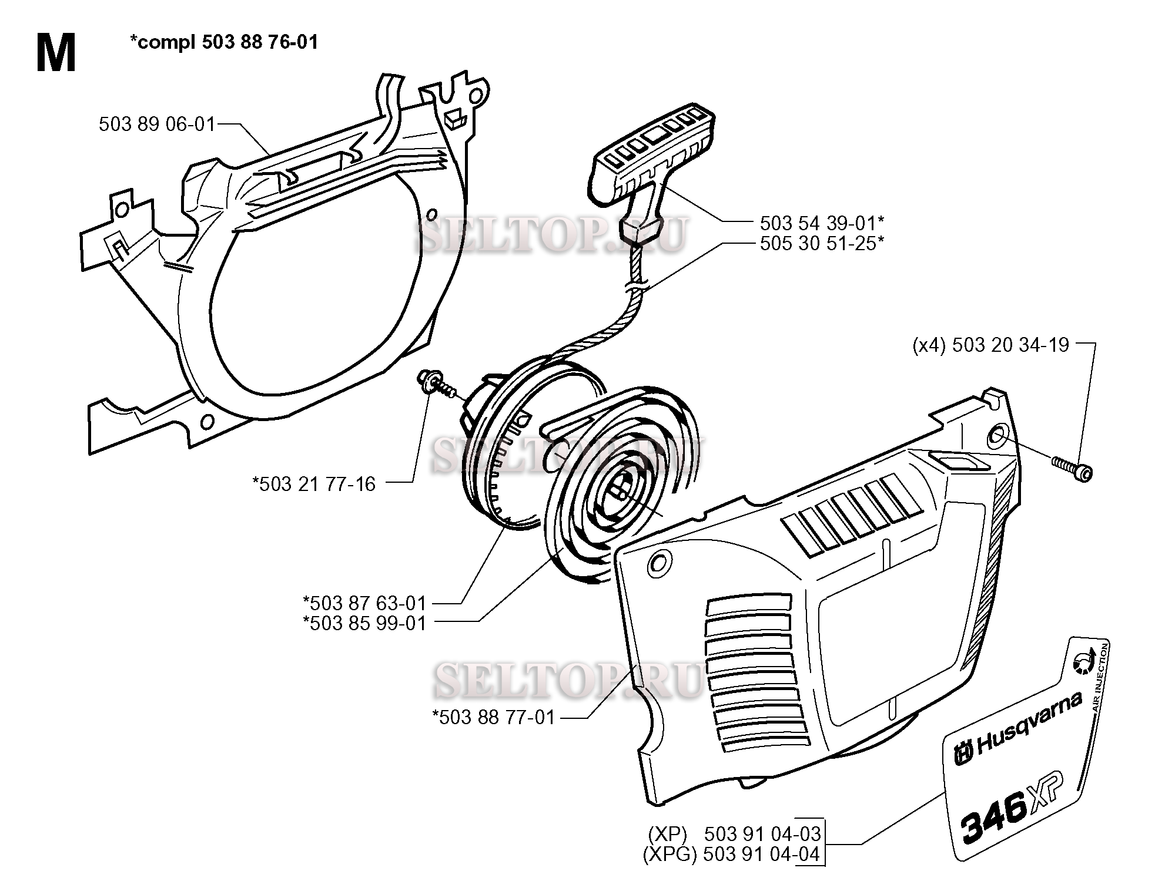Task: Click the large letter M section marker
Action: point(56,52)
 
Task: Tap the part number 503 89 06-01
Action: point(157,124)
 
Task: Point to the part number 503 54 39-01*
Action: point(822,223)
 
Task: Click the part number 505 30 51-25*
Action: point(822,243)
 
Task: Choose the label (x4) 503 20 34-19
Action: point(990,344)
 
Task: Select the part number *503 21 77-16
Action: point(314,484)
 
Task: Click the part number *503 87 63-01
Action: point(364,603)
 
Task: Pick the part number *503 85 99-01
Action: point(364,623)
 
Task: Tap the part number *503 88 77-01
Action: point(494,717)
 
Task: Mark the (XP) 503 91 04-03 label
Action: point(735,834)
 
